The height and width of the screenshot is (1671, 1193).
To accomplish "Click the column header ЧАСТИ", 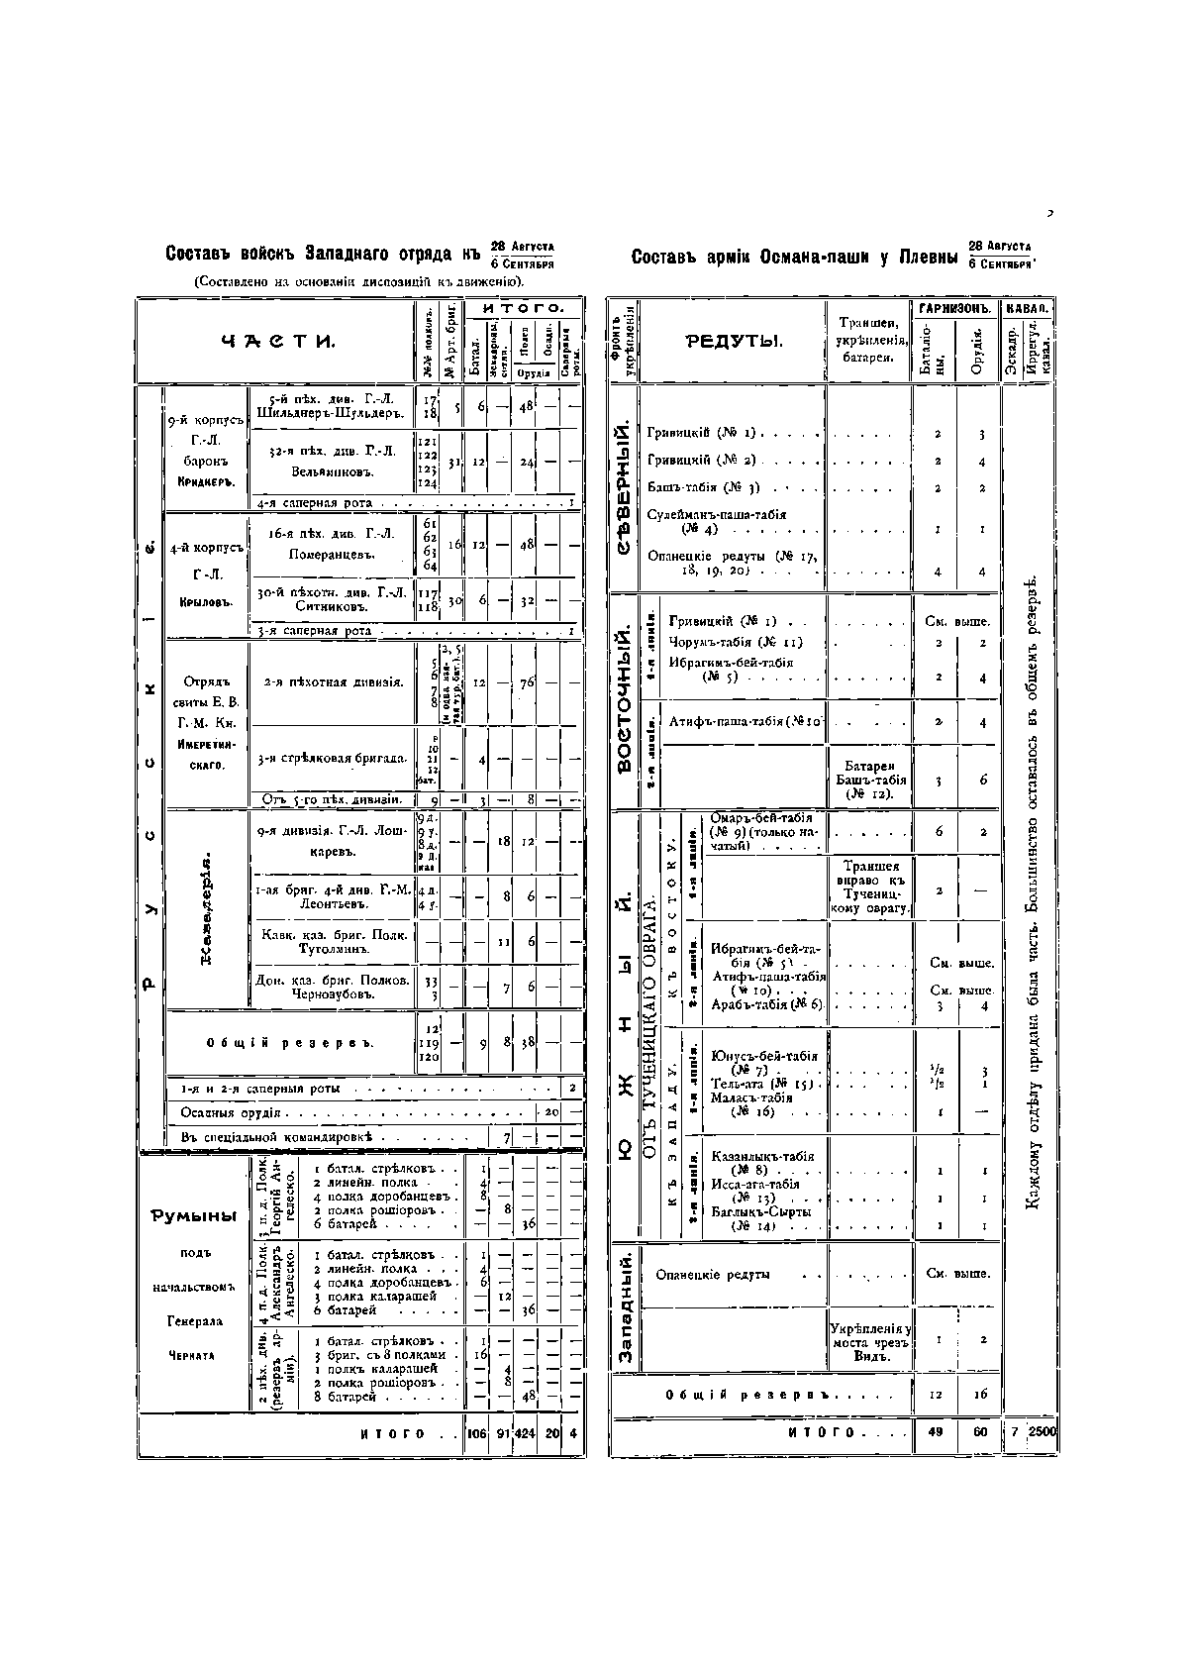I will pos(277,342).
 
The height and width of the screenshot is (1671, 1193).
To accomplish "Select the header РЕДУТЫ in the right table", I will pos(734,342).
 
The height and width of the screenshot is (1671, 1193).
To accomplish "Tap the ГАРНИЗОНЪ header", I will pos(954,309).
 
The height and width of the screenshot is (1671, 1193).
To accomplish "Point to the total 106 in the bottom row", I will pos(477,1434).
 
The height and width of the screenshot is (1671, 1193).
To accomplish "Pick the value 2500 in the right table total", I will pos(1042,1432).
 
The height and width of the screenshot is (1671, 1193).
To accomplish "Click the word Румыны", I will pos(194,1216).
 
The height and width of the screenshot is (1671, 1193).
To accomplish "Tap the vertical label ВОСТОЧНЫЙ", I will pos(624,697).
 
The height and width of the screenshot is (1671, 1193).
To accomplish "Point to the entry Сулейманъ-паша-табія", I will pos(717,514).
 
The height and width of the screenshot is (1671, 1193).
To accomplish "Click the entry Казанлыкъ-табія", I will pos(762,1156).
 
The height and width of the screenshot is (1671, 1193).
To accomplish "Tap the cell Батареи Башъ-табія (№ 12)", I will pos(869,780).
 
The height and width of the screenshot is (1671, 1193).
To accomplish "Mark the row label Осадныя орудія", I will pos(230,1113).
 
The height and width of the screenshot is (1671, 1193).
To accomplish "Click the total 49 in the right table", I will pos(936,1432).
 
